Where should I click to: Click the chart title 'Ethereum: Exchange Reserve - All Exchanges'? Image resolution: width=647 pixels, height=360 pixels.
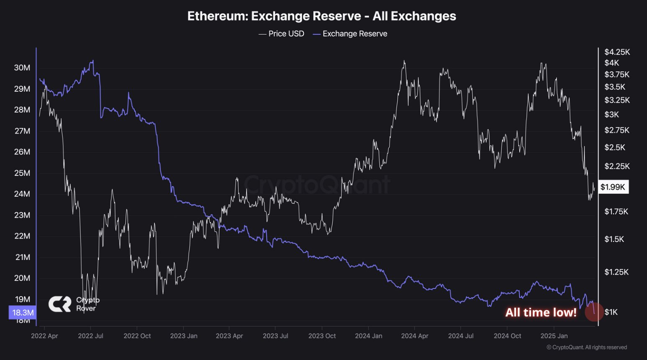point(321,16)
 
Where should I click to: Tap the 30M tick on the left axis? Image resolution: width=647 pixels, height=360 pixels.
point(22,68)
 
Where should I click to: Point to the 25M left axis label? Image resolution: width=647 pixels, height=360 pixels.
point(22,173)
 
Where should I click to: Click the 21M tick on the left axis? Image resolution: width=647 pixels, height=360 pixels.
point(22,257)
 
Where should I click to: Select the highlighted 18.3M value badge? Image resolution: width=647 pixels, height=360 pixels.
point(23,313)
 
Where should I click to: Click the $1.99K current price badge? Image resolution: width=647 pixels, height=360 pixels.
point(613,187)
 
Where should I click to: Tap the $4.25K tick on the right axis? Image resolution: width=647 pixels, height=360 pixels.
point(617,52)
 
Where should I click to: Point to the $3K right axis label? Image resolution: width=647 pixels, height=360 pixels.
point(611,115)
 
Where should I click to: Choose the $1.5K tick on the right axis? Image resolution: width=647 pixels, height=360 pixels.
point(614,239)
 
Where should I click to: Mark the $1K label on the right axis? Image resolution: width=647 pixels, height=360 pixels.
point(611,312)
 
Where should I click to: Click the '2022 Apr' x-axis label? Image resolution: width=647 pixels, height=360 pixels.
point(44,336)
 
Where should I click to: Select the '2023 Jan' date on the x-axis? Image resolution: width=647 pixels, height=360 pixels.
point(183,336)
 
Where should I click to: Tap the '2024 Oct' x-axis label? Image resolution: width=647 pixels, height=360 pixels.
point(507,336)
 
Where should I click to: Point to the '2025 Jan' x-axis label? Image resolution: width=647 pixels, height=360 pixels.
point(554,336)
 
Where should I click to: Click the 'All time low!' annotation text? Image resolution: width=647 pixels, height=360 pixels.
point(541,313)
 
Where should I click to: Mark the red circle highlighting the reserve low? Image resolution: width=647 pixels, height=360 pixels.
point(594,312)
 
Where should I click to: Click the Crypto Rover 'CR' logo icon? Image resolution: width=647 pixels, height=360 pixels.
point(60,304)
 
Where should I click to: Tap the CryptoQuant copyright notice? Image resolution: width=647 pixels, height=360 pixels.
point(587,347)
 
